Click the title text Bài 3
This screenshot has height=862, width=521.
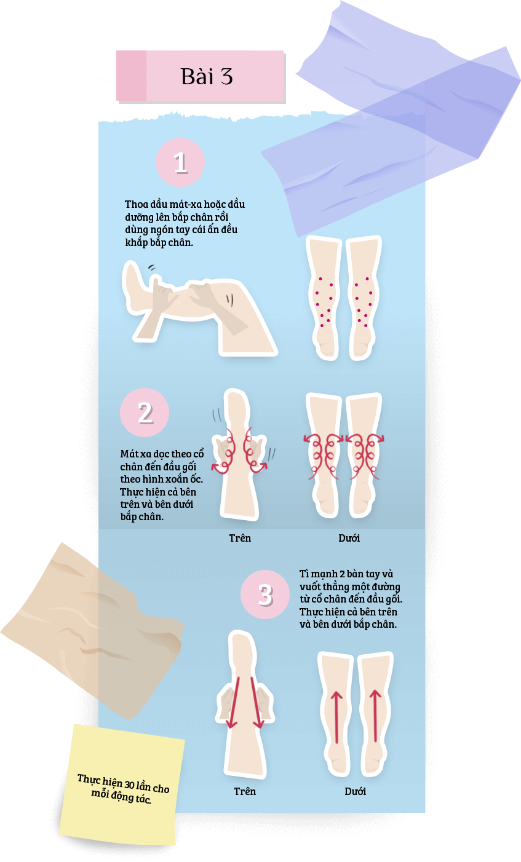pyautogui.click(x=207, y=76)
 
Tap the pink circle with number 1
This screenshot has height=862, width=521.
pyautogui.click(x=180, y=162)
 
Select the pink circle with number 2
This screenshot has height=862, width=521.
pyautogui.click(x=145, y=413)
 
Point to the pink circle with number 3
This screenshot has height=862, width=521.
pyautogui.click(x=265, y=595)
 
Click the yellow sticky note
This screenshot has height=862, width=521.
pyautogui.click(x=122, y=785)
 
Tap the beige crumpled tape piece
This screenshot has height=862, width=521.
pyautogui.click(x=92, y=631)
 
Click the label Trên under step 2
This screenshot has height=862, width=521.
pyautogui.click(x=240, y=538)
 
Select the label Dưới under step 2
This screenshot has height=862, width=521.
pyautogui.click(x=349, y=538)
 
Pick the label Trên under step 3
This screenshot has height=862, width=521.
pyautogui.click(x=245, y=791)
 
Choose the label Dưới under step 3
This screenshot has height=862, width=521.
pyautogui.click(x=355, y=791)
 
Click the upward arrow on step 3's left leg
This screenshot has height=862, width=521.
pyautogui.click(x=336, y=716)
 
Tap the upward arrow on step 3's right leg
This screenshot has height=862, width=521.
pyautogui.click(x=375, y=716)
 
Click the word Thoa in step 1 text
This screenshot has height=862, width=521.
pyautogui.click(x=137, y=204)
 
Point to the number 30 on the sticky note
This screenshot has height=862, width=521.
pyautogui.click(x=129, y=784)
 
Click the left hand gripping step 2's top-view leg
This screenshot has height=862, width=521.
pyautogui.click(x=223, y=451)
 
